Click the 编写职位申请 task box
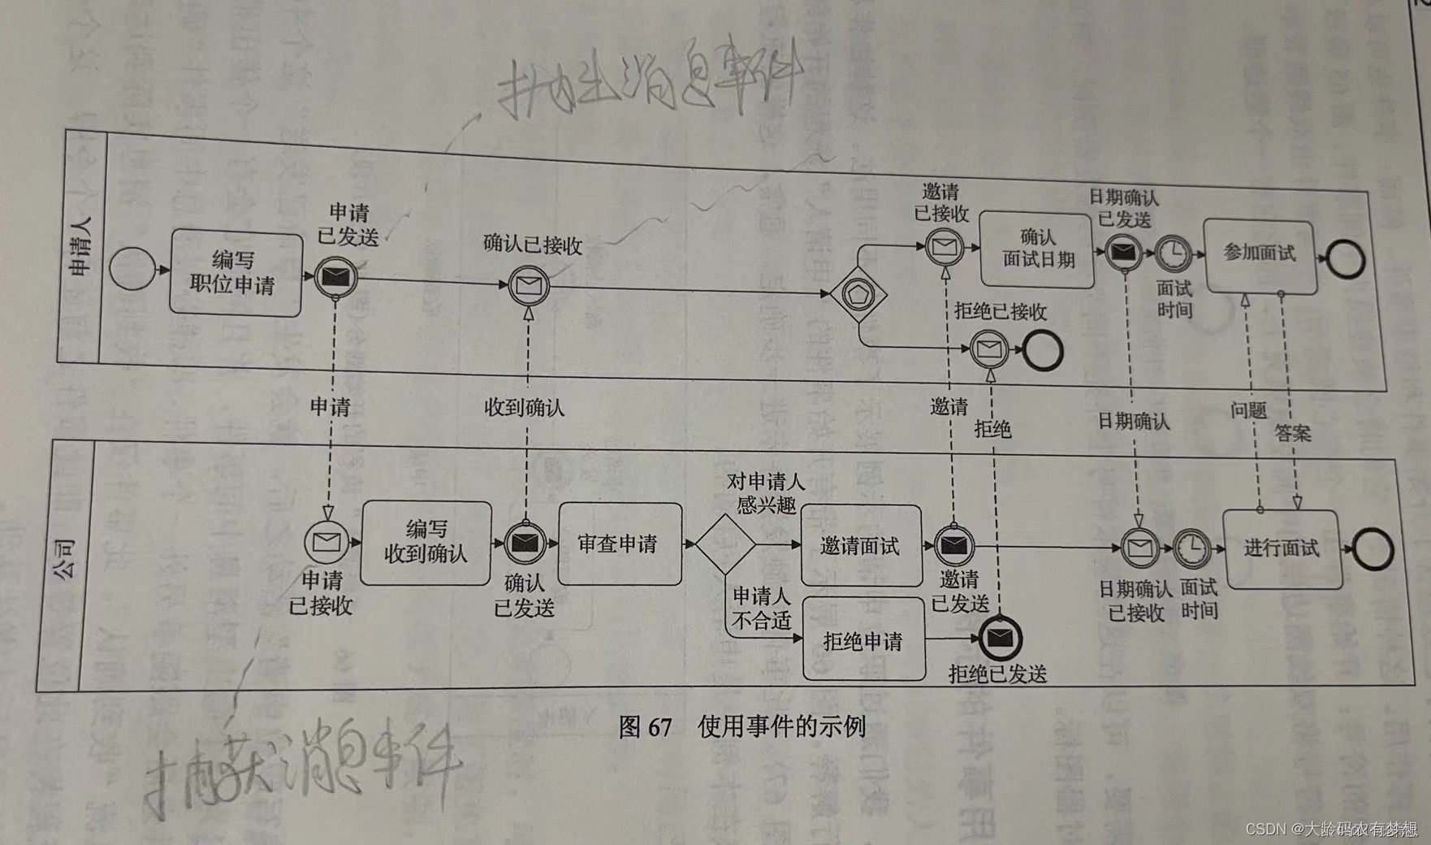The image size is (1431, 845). coord(236,273)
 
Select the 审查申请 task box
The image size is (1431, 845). coord(620,544)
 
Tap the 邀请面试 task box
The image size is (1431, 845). coord(861,546)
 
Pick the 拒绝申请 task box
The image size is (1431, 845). coord(863,641)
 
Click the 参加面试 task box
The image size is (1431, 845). coord(1260,255)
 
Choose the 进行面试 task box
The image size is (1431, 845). coord(1282,548)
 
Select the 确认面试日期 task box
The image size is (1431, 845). coord(1036,249)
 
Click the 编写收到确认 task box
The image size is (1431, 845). coord(426,543)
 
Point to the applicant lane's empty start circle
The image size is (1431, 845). coord(131,268)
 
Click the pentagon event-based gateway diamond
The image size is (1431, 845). coord(858,294)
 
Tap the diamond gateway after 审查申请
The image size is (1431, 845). coord(724,544)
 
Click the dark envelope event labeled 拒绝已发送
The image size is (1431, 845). coord(1000,639)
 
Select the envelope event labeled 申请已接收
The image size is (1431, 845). coord(326,542)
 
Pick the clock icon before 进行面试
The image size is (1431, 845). coord(1191,549)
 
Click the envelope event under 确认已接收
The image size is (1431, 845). coord(529,286)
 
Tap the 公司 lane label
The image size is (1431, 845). coord(65,559)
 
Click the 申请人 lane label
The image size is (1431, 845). coord(81,246)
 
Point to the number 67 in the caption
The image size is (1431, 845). coord(659,726)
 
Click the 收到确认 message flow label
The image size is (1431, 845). coord(524,407)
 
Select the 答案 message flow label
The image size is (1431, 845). coord(1292,433)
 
